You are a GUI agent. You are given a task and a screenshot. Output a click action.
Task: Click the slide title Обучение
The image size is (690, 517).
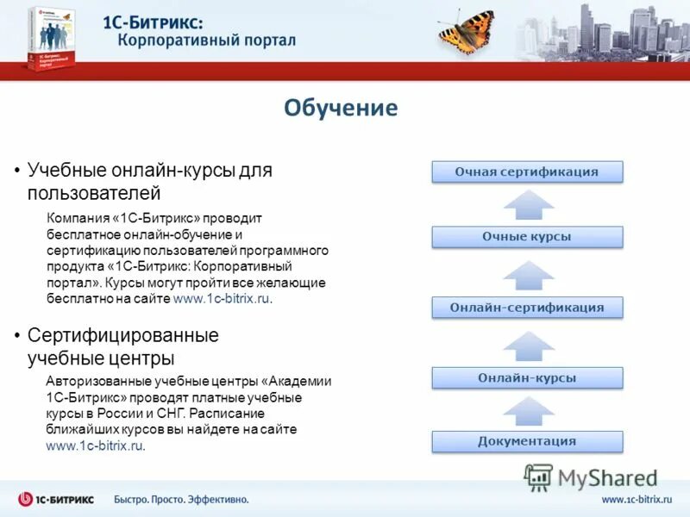341,108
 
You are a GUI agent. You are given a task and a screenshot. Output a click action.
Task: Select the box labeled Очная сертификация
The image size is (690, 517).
526,171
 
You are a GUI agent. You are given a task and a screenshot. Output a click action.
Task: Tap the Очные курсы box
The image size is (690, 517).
526,237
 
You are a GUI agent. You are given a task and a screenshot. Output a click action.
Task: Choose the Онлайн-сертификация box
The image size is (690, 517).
526,308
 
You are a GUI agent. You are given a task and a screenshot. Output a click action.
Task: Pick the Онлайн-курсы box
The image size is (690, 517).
526,377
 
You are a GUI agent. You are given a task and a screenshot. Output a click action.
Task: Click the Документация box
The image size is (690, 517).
526,441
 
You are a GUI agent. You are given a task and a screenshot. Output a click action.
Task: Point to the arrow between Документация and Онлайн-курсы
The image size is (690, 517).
528,411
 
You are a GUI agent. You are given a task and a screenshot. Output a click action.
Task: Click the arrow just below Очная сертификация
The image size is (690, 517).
528,205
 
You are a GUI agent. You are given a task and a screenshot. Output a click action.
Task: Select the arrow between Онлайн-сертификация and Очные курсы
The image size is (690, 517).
528,274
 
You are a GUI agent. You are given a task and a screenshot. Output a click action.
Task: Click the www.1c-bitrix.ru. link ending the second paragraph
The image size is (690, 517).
96,445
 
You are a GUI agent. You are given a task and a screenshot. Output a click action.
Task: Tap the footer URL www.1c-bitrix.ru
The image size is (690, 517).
636,499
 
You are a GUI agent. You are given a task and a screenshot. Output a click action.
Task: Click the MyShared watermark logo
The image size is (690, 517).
592,477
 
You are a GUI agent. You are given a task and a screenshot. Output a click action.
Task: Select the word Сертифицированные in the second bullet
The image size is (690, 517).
122,335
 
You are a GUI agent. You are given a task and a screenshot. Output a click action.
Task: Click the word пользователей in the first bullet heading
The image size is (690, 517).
93,192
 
